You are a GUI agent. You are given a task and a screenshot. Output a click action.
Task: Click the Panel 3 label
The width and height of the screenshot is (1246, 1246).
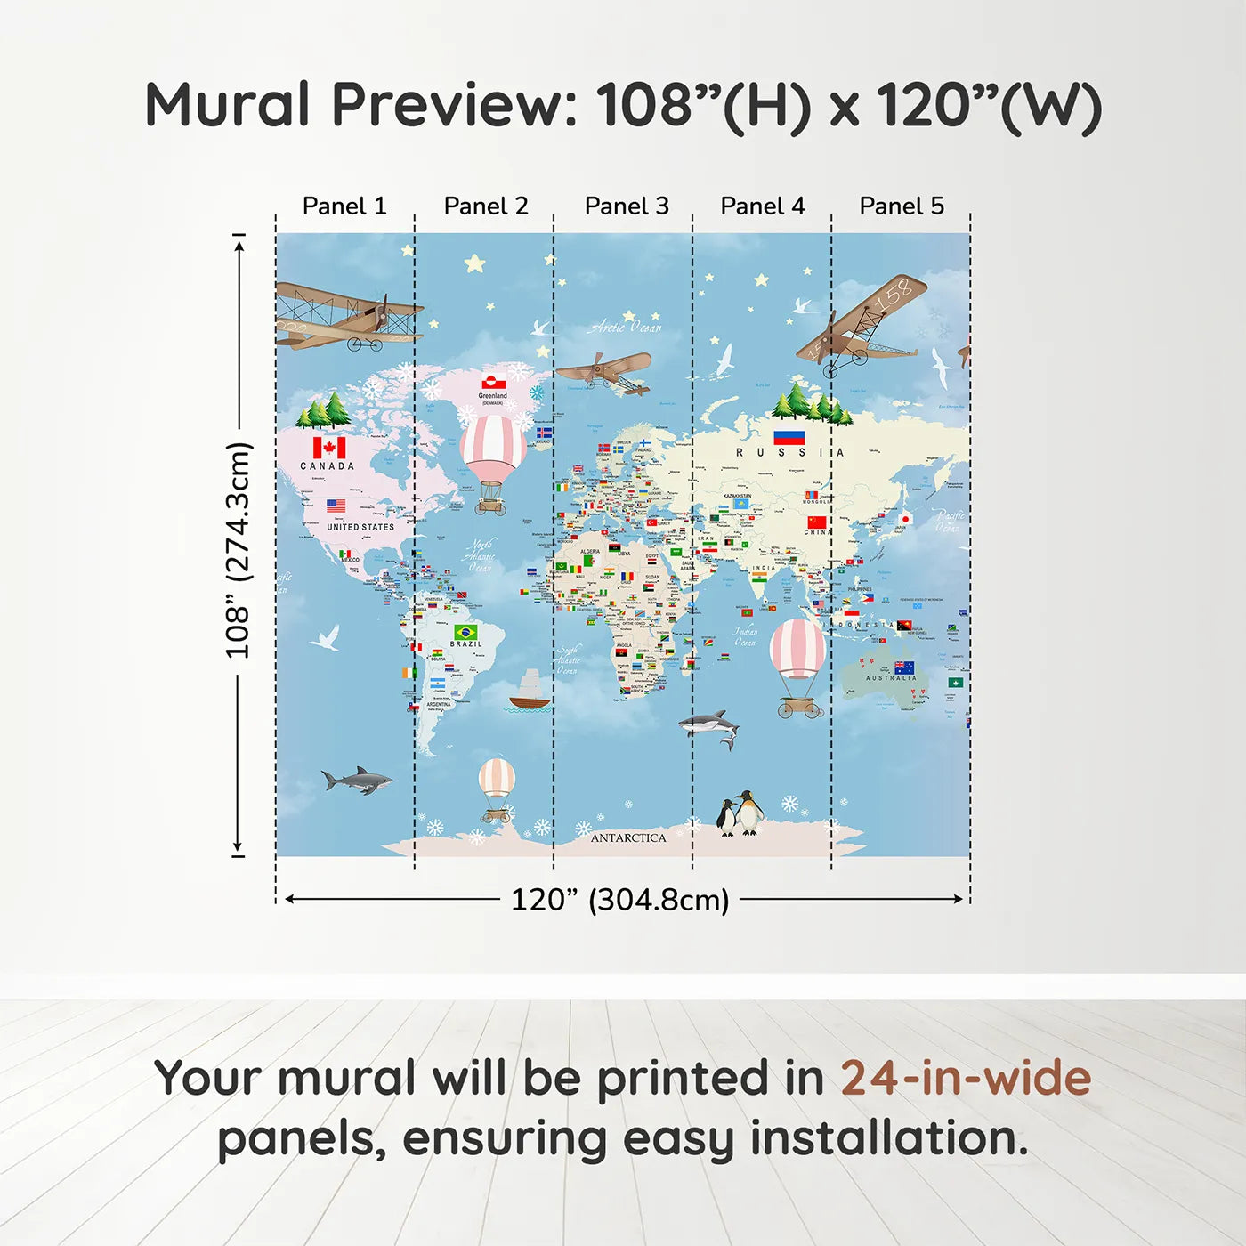tap(627, 206)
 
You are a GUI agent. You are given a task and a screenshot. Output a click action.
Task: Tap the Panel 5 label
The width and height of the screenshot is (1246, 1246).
tap(901, 206)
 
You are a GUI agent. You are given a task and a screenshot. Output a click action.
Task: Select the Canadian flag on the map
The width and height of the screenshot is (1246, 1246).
tap(329, 447)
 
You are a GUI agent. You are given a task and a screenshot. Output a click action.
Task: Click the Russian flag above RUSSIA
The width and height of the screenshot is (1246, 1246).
tap(789, 437)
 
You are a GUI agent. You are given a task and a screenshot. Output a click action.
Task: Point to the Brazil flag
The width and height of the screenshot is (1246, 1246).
tap(465, 632)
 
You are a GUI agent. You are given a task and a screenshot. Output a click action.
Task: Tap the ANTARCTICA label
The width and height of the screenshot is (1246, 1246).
tap(628, 837)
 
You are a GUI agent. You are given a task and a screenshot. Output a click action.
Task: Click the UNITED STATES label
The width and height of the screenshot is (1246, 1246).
tap(360, 527)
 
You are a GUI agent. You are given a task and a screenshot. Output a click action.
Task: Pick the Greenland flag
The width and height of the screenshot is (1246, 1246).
tap(494, 384)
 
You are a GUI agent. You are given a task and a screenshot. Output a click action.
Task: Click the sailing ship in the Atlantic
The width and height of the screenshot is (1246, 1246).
tap(530, 692)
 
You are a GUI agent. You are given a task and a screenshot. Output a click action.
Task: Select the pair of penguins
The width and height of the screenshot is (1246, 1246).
tap(740, 813)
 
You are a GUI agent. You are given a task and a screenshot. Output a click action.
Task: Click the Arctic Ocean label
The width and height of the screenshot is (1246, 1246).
tap(627, 328)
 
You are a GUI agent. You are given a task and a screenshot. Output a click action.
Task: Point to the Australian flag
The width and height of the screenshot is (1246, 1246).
tap(904, 667)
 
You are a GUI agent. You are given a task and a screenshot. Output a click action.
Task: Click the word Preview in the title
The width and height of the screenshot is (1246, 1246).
tap(455, 105)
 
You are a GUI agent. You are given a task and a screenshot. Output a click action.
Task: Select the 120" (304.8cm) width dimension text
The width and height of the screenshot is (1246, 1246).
tap(619, 900)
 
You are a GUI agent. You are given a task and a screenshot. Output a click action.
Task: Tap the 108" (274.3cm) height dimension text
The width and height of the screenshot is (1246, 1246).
tap(239, 550)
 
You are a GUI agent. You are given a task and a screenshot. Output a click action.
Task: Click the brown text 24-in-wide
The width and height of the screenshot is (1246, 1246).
tap(966, 1078)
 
